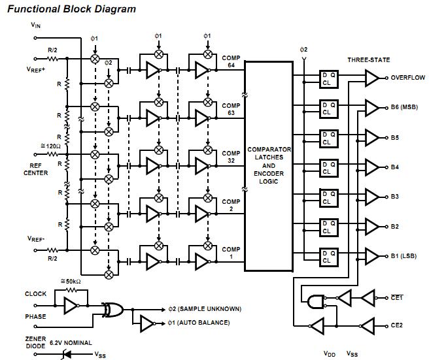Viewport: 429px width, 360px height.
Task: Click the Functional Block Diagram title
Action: click(72, 9)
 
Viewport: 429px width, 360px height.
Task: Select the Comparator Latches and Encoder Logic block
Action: click(269, 165)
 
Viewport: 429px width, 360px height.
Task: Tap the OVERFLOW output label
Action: click(407, 77)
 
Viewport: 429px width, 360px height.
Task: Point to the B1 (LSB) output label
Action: click(405, 255)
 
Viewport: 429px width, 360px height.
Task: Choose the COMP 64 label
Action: click(231, 61)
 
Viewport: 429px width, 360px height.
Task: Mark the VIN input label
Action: click(36, 25)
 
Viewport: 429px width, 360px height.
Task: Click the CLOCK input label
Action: click(36, 294)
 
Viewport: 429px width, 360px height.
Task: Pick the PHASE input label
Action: click(36, 317)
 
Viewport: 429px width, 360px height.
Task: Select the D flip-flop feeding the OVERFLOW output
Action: click(328, 79)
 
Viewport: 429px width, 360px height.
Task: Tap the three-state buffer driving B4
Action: click(371, 167)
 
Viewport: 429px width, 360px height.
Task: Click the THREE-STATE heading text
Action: click(368, 60)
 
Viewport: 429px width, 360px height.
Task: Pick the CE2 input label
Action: click(398, 325)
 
